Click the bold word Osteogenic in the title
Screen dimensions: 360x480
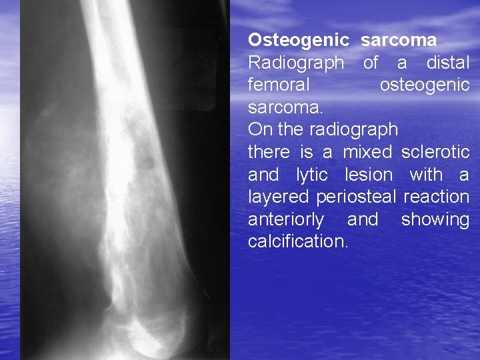tap(298, 41)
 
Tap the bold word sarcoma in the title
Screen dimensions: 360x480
tap(399, 41)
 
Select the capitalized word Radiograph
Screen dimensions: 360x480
tap(296, 63)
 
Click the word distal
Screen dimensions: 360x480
tap(447, 63)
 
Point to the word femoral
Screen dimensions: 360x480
tap(279, 85)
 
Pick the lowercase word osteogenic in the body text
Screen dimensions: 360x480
tap(424, 85)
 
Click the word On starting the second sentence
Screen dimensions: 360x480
tap(259, 129)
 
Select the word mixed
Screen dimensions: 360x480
tap(367, 152)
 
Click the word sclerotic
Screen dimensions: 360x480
tap(435, 152)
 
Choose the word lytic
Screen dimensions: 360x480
tap(311, 175)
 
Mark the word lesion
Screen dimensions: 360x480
tap(369, 175)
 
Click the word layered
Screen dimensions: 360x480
tap(279, 197)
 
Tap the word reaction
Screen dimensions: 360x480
tap(436, 197)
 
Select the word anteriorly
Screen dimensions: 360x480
tap(286, 219)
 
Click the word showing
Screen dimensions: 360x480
tap(435, 219)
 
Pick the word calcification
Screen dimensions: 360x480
tap(298, 241)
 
